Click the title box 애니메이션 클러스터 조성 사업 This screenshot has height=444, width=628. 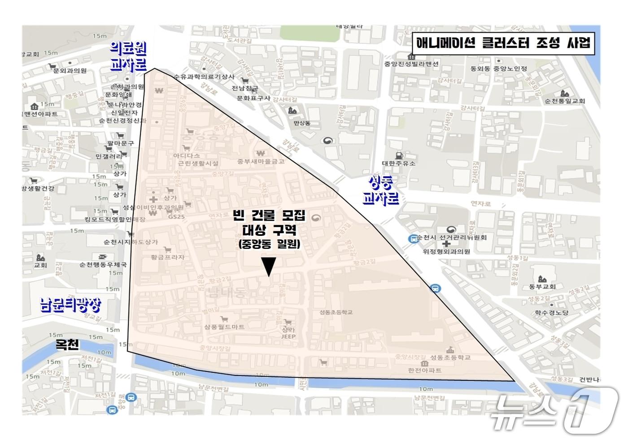click(503, 44)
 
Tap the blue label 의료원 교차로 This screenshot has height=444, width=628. click(128, 57)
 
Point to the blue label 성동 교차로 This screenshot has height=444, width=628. click(381, 190)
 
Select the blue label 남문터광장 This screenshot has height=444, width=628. click(70, 305)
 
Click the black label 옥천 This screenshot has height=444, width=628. click(67, 344)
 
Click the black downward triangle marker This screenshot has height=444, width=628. click(268, 267)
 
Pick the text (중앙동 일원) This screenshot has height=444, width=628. click(269, 244)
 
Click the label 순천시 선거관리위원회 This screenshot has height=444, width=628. click(451, 237)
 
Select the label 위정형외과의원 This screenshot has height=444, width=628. click(446, 252)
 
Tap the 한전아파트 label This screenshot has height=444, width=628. click(424, 370)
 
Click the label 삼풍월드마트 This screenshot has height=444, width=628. click(224, 327)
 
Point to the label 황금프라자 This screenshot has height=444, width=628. click(168, 257)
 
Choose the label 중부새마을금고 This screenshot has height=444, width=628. click(261, 161)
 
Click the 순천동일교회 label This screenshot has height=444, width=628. click(565, 101)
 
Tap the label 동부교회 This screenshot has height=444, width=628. click(542, 287)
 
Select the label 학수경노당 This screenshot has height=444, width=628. click(551, 313)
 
